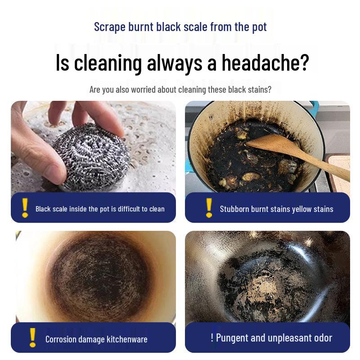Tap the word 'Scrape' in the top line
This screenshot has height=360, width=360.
(x=109, y=27)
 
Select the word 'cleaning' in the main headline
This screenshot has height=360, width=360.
(x=108, y=63)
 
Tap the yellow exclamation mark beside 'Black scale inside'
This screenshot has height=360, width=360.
(x=25, y=208)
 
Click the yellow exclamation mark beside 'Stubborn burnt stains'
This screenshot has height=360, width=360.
(x=209, y=208)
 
